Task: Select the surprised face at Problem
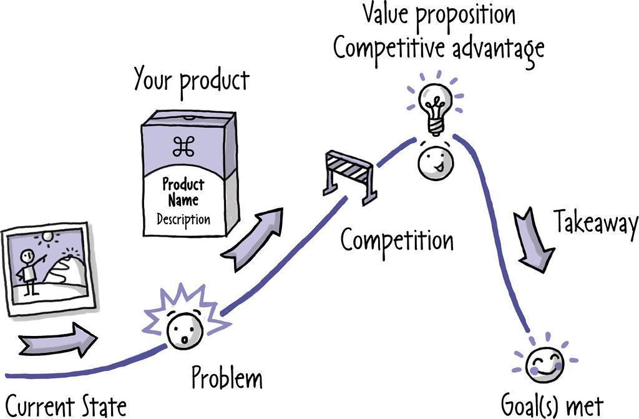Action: pos(185,332)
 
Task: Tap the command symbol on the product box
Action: pos(183,147)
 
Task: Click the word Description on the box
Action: pos(183,220)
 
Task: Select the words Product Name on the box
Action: pos(183,192)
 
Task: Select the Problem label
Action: pos(227,377)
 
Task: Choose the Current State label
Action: pos(66,405)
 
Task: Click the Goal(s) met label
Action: pos(552,405)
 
